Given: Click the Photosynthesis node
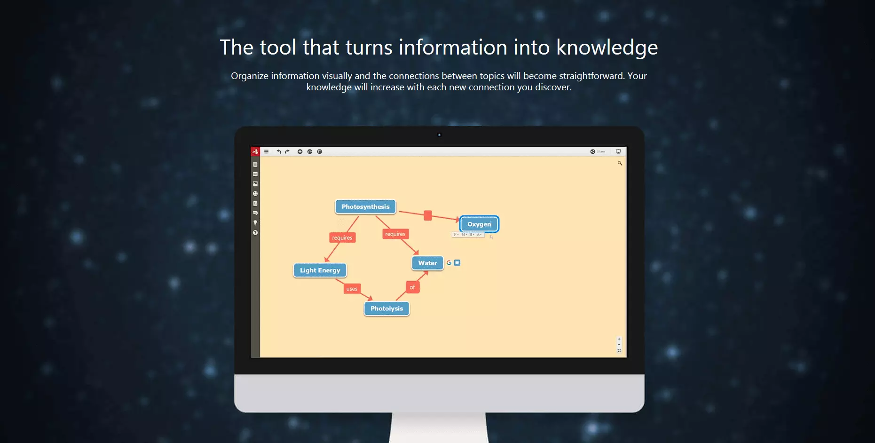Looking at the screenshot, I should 365,207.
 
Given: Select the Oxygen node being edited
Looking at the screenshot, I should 479,224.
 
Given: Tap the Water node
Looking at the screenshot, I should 427,263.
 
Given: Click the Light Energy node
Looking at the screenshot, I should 320,270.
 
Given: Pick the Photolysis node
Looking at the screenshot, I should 386,309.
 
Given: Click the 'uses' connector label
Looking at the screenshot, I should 352,289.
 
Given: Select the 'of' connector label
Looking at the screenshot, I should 412,287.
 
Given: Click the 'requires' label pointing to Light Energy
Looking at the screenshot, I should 342,238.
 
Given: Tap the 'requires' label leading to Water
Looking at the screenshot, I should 395,234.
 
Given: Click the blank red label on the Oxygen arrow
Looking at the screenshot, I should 427,215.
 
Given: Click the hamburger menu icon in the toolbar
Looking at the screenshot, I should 266,151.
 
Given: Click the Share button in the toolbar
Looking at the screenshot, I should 598,151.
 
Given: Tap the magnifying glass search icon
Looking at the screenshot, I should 620,163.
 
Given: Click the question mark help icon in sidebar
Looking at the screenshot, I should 255,233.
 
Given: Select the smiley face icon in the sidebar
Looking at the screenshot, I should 255,193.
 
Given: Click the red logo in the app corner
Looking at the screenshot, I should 255,151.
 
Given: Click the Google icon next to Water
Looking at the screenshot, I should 449,263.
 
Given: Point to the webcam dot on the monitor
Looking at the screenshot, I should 439,135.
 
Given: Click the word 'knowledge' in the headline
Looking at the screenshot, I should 607,47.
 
